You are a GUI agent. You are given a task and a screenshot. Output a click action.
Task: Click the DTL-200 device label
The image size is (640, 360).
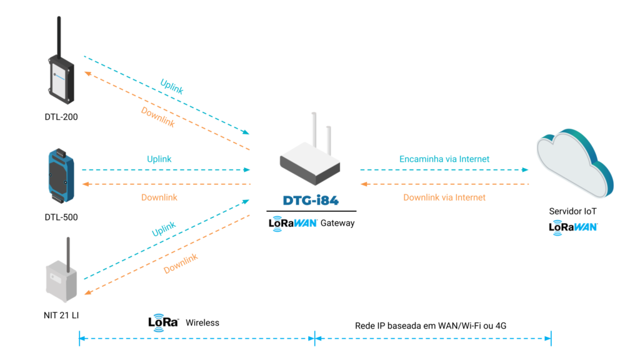[61, 116]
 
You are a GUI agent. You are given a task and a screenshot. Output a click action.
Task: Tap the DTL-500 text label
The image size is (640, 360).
[61, 217]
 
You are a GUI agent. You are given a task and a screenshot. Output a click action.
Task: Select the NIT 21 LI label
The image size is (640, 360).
[61, 315]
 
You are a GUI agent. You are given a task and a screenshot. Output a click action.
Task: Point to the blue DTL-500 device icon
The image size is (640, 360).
[61, 176]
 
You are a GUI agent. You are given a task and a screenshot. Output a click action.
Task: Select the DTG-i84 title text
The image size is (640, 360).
[311, 201]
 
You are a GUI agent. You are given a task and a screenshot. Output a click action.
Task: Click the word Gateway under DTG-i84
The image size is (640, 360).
[337, 223]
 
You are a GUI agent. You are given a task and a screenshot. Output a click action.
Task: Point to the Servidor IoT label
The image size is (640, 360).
[572, 212]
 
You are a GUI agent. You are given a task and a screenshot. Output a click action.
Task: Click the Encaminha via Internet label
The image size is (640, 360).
[444, 159]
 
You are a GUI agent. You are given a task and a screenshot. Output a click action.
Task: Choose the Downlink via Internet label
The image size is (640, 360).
[444, 197]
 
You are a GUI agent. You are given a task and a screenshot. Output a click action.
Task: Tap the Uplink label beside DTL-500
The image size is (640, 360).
[159, 159]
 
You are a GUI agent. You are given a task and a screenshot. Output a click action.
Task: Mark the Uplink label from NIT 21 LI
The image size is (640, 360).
[164, 229]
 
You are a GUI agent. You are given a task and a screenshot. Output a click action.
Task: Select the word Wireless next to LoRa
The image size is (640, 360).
[202, 322]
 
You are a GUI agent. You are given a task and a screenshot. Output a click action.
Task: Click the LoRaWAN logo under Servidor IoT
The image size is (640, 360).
[572, 227]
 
